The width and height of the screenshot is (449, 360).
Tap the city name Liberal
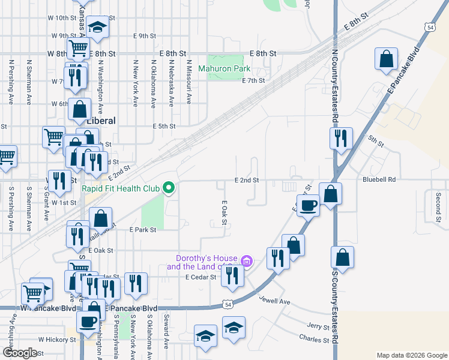(101, 121)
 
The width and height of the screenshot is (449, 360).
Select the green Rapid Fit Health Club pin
(169, 189)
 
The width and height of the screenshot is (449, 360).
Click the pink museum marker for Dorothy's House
(246, 261)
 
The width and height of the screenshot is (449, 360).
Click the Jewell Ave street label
(275, 300)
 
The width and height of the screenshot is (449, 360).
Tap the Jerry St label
(318, 327)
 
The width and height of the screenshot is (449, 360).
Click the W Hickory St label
(57, 339)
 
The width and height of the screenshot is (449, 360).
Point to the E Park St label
(142, 230)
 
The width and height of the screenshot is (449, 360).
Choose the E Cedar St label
(200, 277)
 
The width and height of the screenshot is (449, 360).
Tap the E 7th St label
(253, 80)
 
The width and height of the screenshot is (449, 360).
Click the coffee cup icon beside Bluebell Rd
(309, 205)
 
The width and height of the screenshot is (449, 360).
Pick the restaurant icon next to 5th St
(340, 137)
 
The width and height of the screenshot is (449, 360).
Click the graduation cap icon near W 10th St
(97, 26)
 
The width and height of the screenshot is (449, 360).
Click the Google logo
(20, 353)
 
